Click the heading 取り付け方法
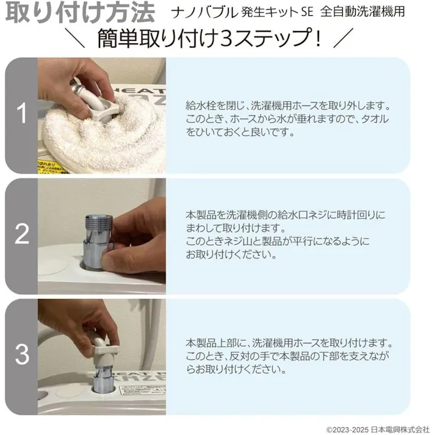point(78,13)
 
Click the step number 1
point(22,114)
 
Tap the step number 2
point(22,235)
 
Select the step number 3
point(22,354)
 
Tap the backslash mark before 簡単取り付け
point(79,40)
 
